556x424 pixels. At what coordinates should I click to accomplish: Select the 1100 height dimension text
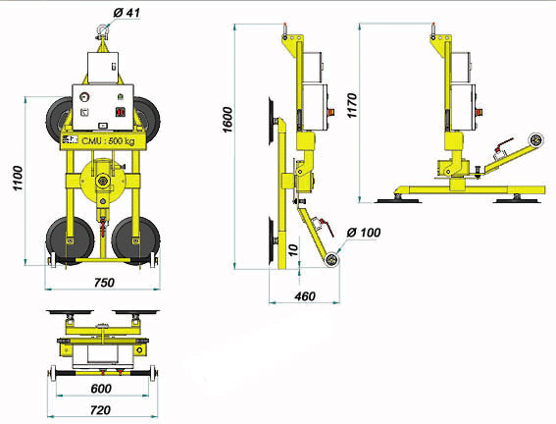(18, 179)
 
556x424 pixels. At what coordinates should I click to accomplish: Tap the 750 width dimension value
(103, 282)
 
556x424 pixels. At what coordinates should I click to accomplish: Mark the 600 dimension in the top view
(102, 389)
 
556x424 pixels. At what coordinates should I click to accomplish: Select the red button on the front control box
(119, 110)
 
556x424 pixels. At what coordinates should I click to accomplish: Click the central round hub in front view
(101, 182)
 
